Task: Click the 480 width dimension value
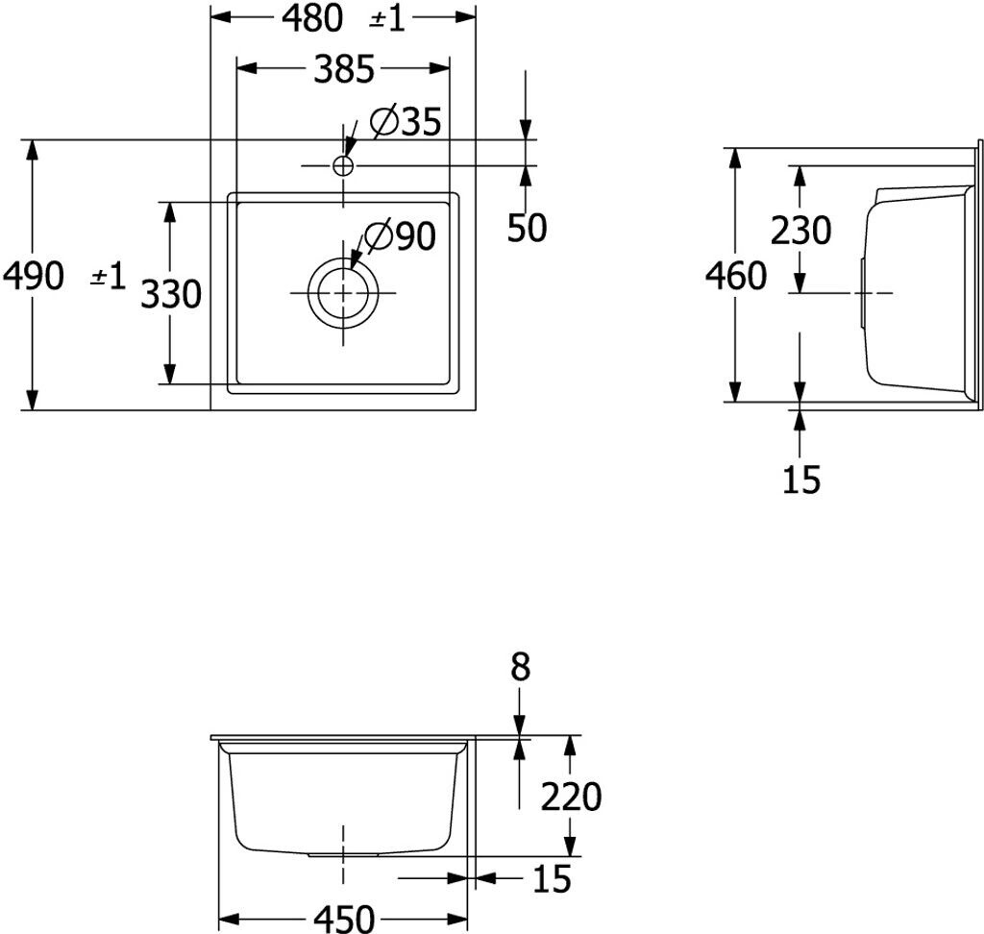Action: click(x=313, y=18)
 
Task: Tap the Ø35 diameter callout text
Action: click(x=405, y=122)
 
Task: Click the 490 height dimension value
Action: click(x=34, y=277)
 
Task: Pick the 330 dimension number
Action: click(x=171, y=294)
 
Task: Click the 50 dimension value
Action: click(x=527, y=228)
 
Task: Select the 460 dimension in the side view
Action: click(x=736, y=277)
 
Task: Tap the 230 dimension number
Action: click(x=800, y=231)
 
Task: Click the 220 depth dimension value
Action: click(x=571, y=797)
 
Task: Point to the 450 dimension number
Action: click(x=343, y=919)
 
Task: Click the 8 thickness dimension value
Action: click(x=520, y=667)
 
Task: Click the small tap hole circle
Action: click(x=343, y=165)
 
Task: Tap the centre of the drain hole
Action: click(x=343, y=293)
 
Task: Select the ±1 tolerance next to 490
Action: click(x=108, y=278)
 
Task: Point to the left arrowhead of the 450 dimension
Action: click(x=229, y=918)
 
